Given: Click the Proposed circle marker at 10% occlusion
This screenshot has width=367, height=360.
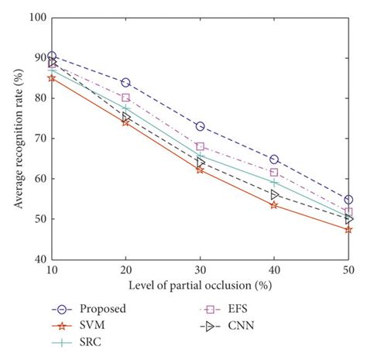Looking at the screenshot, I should coord(51,56).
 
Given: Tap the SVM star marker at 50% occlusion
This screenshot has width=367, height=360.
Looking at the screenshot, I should coord(348,229).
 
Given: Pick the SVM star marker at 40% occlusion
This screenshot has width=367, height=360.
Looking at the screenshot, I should coord(274,205).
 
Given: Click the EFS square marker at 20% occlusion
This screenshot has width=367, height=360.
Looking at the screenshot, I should coord(125,98).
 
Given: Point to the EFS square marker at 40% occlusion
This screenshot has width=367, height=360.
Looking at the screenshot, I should coord(274,172).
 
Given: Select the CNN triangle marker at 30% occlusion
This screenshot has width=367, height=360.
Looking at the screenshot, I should coord(200,163).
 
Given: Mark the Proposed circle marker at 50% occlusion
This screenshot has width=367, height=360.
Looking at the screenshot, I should coord(348,199).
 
